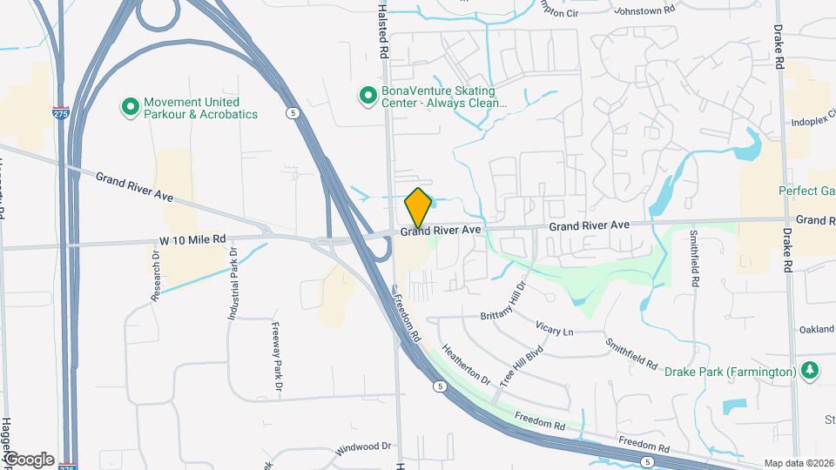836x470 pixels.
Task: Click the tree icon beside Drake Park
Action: pyautogui.click(x=809, y=370)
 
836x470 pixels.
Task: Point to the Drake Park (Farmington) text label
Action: pyautogui.click(x=730, y=372)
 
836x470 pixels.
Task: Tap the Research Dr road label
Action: pyautogui.click(x=157, y=277)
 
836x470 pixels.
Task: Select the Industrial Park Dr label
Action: pyautogui.click(x=233, y=283)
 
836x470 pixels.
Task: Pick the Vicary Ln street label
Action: pyautogui.click(x=556, y=332)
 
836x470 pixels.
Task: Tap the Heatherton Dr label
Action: pyautogui.click(x=467, y=362)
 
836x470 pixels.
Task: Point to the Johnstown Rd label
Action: pyautogui.click(x=644, y=11)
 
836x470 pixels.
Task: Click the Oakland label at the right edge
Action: pyautogui.click(x=817, y=329)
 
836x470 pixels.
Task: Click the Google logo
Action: pyautogui.click(x=28, y=459)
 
